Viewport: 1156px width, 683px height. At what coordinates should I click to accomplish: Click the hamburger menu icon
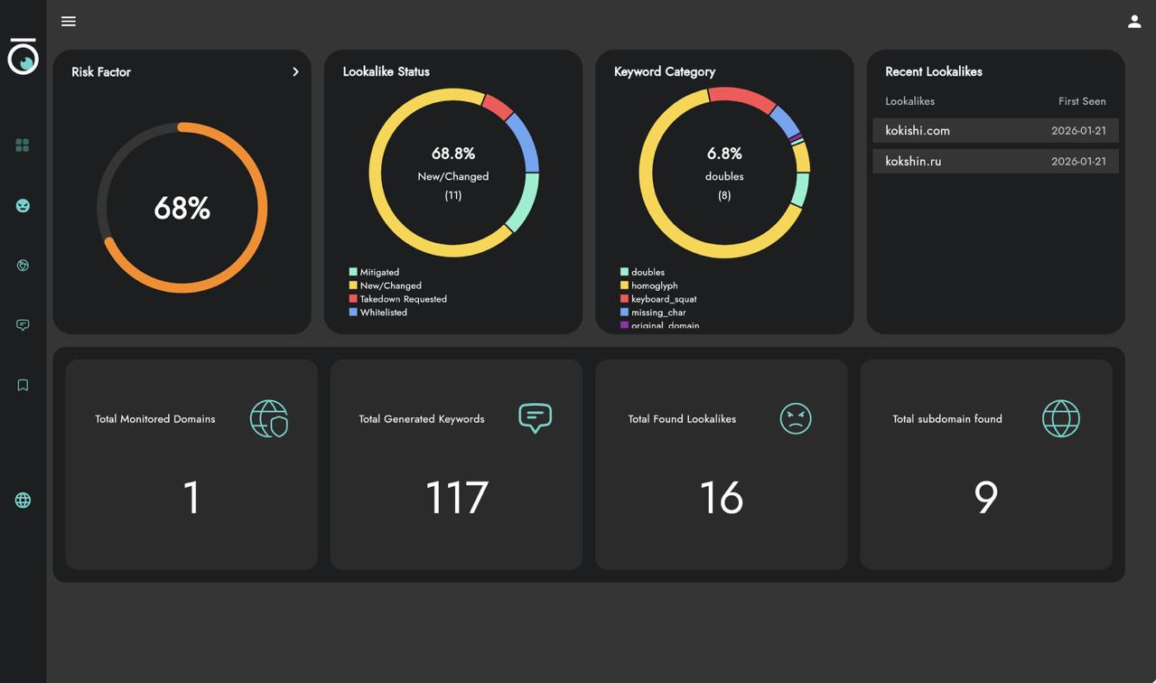(x=69, y=22)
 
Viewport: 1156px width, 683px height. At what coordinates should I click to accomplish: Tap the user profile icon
(x=1134, y=22)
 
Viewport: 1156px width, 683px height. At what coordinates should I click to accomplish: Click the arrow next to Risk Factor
(x=295, y=72)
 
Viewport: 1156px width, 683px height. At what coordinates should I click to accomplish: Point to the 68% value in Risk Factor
(x=182, y=209)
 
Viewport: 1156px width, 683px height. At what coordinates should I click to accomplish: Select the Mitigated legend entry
(x=378, y=272)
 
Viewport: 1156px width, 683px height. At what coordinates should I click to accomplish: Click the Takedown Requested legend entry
(x=402, y=299)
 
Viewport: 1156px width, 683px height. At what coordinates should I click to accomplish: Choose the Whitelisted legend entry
(x=383, y=313)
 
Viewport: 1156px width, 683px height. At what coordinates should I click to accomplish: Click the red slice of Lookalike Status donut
(x=498, y=107)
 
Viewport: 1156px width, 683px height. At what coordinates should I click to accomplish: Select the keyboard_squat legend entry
(x=663, y=299)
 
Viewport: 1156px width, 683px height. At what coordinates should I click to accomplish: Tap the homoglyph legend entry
(x=654, y=285)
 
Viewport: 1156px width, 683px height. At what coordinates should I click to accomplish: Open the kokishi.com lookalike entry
(x=918, y=131)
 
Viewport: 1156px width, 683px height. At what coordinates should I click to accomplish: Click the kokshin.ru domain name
(x=913, y=162)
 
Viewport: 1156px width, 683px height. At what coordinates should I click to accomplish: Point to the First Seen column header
(x=1081, y=101)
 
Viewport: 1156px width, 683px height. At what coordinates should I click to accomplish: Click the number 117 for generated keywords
(x=456, y=498)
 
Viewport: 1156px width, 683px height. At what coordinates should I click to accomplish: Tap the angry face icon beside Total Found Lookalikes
(x=795, y=418)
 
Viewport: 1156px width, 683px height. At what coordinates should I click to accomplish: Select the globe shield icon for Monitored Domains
(x=268, y=418)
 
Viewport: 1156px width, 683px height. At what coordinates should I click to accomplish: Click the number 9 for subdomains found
(x=985, y=498)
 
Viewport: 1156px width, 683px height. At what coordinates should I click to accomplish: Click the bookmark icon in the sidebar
(x=23, y=385)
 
